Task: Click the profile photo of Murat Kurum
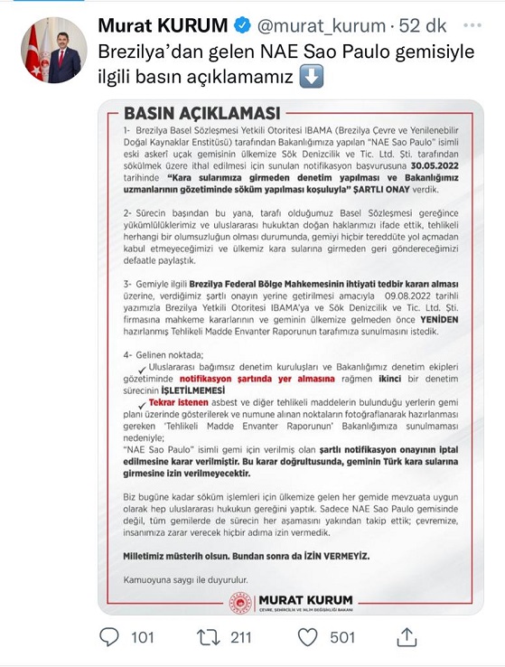(x=53, y=51)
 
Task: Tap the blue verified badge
(x=241, y=23)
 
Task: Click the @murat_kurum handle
(x=315, y=23)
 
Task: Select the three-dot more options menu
(x=472, y=23)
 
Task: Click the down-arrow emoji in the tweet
(x=310, y=77)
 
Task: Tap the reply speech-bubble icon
(x=109, y=637)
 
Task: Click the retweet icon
(x=209, y=637)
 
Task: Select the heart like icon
(x=308, y=637)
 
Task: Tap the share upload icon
(x=406, y=636)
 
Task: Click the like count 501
(x=342, y=638)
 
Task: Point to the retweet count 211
(x=240, y=638)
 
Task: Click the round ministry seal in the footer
(x=242, y=603)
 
